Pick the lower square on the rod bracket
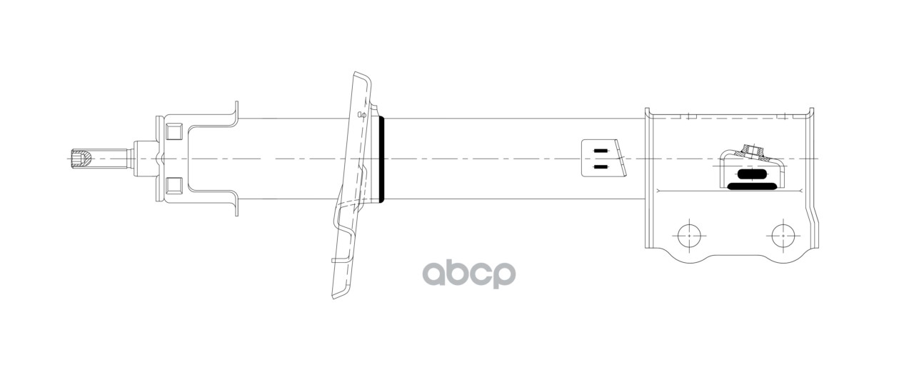click(172, 186)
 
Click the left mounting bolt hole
click(689, 233)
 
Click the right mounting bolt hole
click(783, 233)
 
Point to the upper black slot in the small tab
click(601, 151)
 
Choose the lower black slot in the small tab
click(601, 167)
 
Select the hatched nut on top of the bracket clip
click(750, 151)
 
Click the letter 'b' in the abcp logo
click(458, 271)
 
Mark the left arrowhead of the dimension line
click(658, 191)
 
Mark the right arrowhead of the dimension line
click(803, 191)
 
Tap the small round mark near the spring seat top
click(361, 114)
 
